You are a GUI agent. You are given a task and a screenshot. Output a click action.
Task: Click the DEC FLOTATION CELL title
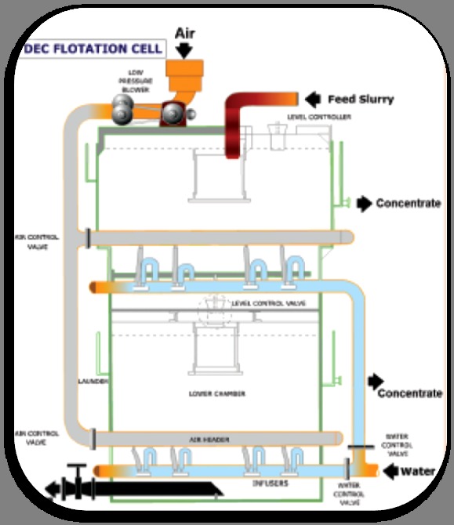coord(93,49)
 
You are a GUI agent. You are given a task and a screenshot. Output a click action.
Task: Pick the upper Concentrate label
coord(408,204)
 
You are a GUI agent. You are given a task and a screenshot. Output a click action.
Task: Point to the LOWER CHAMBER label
coord(216,393)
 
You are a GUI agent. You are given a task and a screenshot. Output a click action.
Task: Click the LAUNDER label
coord(93,381)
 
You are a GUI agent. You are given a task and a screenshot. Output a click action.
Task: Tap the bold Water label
coord(417,472)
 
